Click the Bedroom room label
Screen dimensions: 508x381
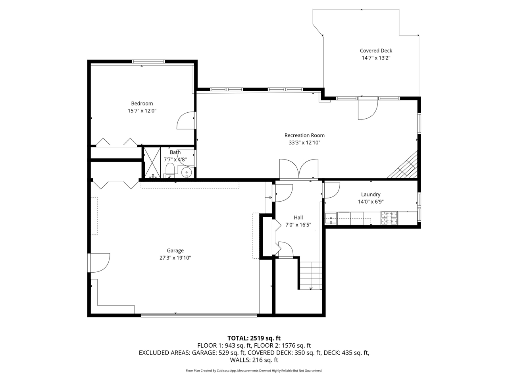(x=142, y=104)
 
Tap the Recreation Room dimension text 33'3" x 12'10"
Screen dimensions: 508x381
(x=304, y=142)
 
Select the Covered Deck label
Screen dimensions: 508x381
(x=376, y=51)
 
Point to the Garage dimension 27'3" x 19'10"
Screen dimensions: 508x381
(x=175, y=258)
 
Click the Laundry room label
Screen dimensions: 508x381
(x=371, y=194)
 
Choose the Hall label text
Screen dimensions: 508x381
(x=298, y=217)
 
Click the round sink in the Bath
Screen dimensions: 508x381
(x=187, y=172)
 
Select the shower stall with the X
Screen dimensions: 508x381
(x=152, y=163)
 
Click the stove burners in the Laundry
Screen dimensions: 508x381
(x=389, y=218)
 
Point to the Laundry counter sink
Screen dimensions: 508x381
(x=331, y=219)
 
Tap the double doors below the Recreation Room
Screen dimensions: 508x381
(x=299, y=169)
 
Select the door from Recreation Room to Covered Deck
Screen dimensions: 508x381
(x=368, y=108)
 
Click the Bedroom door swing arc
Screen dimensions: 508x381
(x=185, y=120)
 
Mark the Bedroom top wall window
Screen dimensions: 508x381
(x=148, y=62)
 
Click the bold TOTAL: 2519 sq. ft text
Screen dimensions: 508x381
(x=254, y=338)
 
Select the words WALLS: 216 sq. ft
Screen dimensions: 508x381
(x=254, y=360)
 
